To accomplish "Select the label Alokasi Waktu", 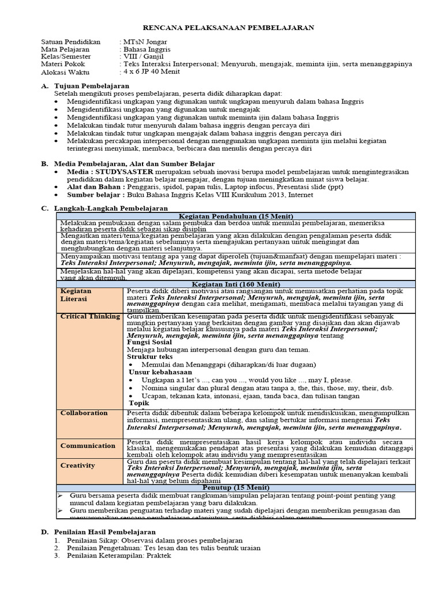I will coord(65,72).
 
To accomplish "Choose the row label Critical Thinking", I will coord(90,316).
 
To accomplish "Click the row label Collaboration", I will coord(84,413).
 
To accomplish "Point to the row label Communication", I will coord(88,446).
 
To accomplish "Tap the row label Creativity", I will coord(77,465).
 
